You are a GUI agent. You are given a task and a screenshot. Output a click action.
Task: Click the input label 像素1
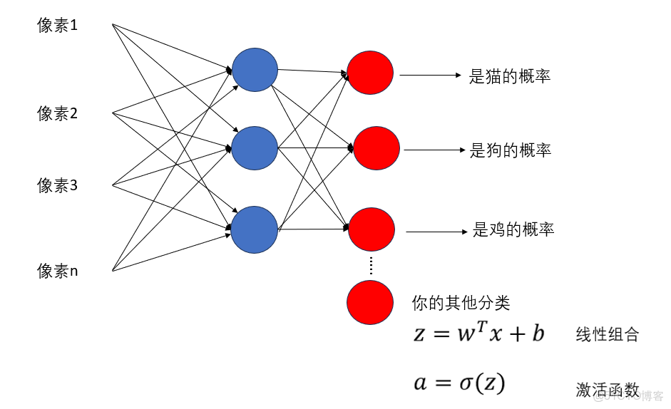(x=58, y=26)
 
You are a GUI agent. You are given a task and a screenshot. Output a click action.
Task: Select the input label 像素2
(x=58, y=113)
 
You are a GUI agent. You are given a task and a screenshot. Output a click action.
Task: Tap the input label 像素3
(x=58, y=186)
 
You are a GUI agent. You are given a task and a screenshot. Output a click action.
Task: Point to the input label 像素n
(x=58, y=271)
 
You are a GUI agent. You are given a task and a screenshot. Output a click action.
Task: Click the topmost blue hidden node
(x=255, y=70)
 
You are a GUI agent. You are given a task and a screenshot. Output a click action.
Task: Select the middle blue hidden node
(x=255, y=148)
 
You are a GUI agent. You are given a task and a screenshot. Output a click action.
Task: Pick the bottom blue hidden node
(x=255, y=229)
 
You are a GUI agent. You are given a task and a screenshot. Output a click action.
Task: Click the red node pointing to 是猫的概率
(x=370, y=73)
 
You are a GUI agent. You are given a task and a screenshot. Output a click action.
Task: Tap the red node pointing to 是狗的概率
(x=377, y=148)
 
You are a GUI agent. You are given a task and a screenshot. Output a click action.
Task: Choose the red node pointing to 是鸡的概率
(x=372, y=229)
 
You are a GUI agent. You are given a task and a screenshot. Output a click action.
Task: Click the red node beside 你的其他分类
(x=370, y=302)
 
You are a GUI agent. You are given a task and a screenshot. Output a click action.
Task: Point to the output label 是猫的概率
(x=510, y=76)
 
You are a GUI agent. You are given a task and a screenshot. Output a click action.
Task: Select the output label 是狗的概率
(x=511, y=150)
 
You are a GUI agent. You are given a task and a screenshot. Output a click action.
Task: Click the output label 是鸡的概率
(x=513, y=229)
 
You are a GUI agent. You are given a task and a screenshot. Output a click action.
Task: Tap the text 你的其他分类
(x=461, y=302)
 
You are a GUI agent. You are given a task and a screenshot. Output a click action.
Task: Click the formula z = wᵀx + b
(x=479, y=333)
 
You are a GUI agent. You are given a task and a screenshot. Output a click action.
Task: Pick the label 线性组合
(x=607, y=335)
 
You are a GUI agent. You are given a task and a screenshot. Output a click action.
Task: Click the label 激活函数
(x=607, y=389)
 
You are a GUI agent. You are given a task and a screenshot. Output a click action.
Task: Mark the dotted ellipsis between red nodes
(x=371, y=266)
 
